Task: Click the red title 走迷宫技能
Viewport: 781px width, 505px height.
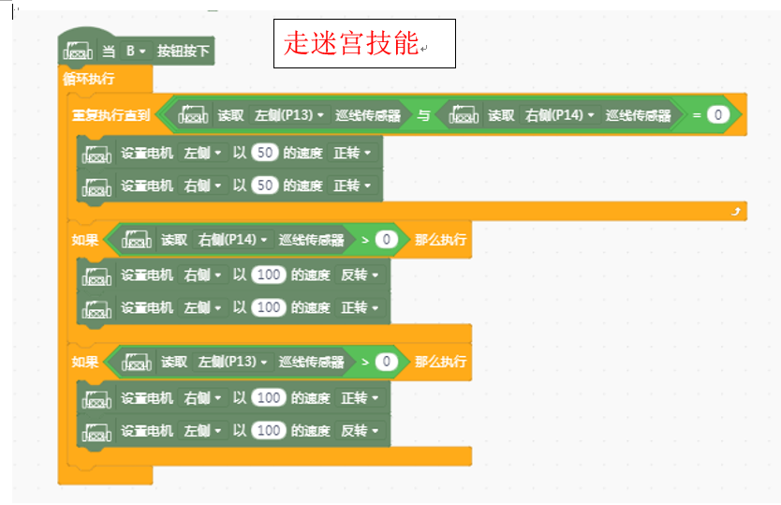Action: [x=350, y=43]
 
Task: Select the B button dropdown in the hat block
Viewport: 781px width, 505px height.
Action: [x=135, y=51]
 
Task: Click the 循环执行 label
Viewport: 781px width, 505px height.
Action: [x=89, y=79]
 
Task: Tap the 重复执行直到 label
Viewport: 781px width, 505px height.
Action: [x=111, y=115]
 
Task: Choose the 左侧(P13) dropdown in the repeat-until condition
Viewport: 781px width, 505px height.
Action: [x=288, y=115]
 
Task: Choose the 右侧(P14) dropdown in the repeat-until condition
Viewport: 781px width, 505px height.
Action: [x=559, y=115]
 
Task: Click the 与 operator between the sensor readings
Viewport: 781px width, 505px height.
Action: [x=423, y=115]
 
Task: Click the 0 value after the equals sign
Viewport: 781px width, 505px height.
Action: [x=717, y=115]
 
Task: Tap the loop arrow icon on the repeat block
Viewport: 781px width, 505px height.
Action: [x=736, y=212]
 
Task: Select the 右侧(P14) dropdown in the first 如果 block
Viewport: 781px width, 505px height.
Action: [x=232, y=240]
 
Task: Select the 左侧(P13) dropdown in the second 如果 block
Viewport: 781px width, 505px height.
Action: [x=232, y=362]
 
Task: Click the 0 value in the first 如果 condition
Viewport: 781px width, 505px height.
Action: [x=386, y=240]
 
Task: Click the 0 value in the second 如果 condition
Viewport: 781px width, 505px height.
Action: [x=386, y=362]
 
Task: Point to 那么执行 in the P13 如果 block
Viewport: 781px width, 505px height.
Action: [x=440, y=362]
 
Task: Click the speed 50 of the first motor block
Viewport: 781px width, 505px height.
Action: [x=264, y=153]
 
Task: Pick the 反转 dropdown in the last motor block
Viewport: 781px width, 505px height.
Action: [x=360, y=430]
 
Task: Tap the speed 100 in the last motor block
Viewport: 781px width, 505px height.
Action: [x=269, y=430]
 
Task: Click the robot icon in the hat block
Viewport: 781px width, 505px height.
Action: [x=78, y=51]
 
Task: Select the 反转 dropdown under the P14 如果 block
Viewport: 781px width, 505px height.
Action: [x=360, y=275]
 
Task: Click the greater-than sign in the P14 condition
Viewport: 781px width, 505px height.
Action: [x=365, y=240]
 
